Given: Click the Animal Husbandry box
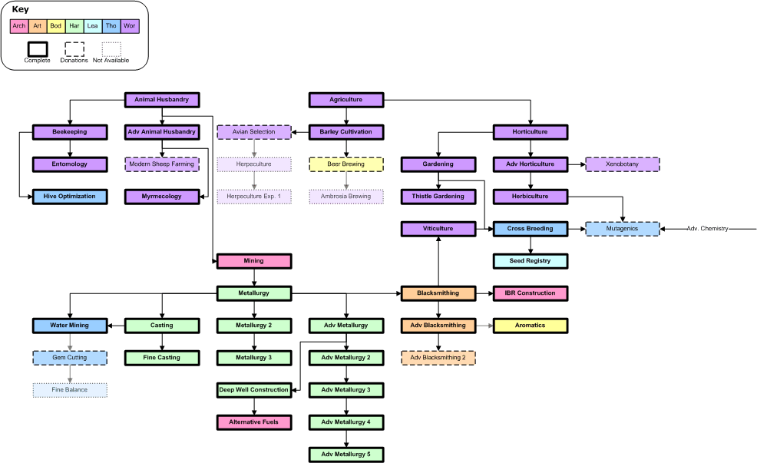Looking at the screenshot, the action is pyautogui.click(x=162, y=100).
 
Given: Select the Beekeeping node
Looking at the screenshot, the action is pyautogui.click(x=70, y=132).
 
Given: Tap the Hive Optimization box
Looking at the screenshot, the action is pyautogui.click(x=70, y=197).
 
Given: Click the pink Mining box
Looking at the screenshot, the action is pyautogui.click(x=254, y=261).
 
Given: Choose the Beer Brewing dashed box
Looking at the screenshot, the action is pyautogui.click(x=346, y=164).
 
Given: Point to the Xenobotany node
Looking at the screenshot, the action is pyautogui.click(x=623, y=164).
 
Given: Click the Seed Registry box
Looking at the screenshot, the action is pyautogui.click(x=530, y=261).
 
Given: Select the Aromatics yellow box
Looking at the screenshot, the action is pyautogui.click(x=530, y=326).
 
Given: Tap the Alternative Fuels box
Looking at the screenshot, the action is pyautogui.click(x=254, y=422).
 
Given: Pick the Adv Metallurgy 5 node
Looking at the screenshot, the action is pyautogui.click(x=346, y=455).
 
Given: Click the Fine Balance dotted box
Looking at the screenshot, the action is pyautogui.click(x=70, y=390).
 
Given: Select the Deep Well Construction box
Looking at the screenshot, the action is pyautogui.click(x=254, y=390).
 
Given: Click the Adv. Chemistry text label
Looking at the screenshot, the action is pyautogui.click(x=707, y=229).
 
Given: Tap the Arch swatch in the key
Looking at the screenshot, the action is pyautogui.click(x=19, y=26).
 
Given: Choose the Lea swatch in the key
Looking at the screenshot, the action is pyautogui.click(x=93, y=26).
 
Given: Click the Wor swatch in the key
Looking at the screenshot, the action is pyautogui.click(x=130, y=26).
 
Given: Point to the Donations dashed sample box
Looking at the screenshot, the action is pyautogui.click(x=74, y=49).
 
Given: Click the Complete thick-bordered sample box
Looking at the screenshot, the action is pyautogui.click(x=38, y=49).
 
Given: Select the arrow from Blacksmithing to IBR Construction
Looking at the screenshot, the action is pyautogui.click(x=484, y=293).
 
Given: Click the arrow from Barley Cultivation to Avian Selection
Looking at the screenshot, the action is pyautogui.click(x=300, y=132).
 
